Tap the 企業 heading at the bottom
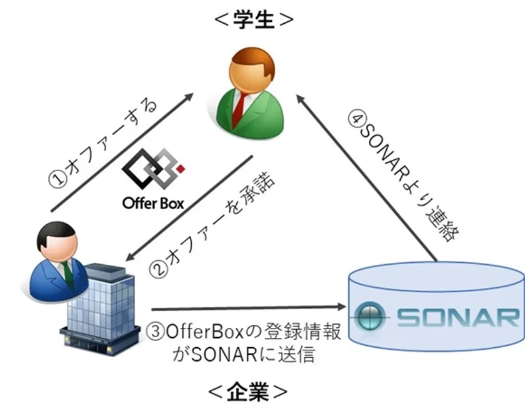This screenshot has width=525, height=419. point(247,392)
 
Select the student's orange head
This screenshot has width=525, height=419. point(252,71)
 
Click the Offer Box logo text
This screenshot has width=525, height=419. point(153,204)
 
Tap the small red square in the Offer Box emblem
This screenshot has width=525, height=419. point(181,169)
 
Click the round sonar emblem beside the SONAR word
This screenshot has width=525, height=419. point(369,316)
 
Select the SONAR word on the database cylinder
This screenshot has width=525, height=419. point(457,317)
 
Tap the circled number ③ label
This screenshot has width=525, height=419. point(155,332)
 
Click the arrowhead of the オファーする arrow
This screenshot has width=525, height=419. point(188,97)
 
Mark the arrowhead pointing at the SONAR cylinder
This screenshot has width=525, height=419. point(341,307)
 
